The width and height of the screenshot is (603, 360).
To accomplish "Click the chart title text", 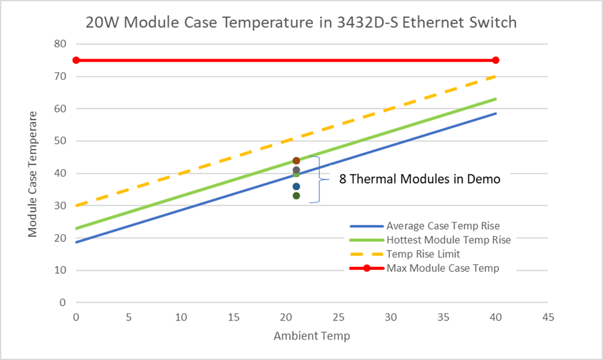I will [x=301, y=22].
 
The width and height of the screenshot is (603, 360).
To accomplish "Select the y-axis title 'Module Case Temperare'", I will [x=33, y=173].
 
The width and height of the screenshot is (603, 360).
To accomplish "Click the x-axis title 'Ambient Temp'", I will [x=312, y=336].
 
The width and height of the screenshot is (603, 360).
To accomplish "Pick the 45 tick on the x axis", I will [x=547, y=317].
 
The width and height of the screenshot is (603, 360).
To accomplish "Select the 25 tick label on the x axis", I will [x=338, y=317].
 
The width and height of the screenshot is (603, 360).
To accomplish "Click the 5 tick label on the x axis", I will [x=128, y=317].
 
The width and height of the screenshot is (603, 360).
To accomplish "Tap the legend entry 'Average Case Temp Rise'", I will [x=443, y=226].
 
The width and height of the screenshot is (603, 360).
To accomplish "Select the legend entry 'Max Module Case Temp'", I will [x=442, y=268].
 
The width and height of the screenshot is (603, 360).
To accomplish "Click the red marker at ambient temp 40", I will [x=496, y=60].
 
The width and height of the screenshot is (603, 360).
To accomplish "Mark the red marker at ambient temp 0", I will [x=76, y=60].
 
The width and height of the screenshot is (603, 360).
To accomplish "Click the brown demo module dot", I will [x=296, y=161].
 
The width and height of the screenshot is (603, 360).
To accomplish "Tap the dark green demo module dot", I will [x=296, y=195].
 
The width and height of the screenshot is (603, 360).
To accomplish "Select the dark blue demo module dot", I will [x=296, y=186].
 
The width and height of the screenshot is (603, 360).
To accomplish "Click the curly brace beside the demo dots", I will [x=319, y=179].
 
